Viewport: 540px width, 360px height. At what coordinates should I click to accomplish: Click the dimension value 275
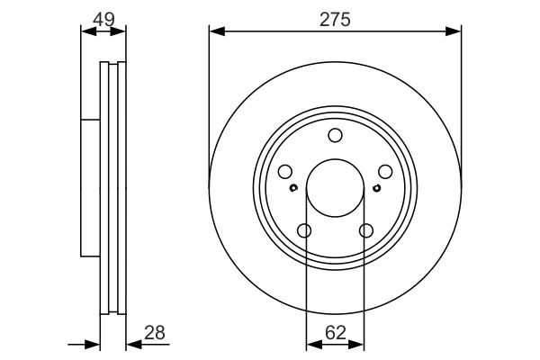pyautogui.click(x=336, y=18)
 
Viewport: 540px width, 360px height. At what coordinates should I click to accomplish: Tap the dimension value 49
pyautogui.click(x=103, y=18)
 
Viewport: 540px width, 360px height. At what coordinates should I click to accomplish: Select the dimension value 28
pyautogui.click(x=156, y=332)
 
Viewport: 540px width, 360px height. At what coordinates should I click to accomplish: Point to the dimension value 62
pyautogui.click(x=336, y=332)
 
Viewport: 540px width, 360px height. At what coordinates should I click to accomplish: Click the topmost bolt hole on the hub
pyautogui.click(x=335, y=136)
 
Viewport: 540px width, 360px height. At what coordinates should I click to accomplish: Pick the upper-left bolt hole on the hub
pyautogui.click(x=285, y=172)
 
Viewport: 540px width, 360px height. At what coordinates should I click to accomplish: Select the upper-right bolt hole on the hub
pyautogui.click(x=385, y=172)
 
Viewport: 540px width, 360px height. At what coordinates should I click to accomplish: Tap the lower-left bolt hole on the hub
pyautogui.click(x=304, y=231)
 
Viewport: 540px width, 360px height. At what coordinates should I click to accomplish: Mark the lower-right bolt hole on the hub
pyautogui.click(x=365, y=231)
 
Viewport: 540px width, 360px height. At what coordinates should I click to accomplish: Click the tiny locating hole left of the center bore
pyautogui.click(x=294, y=188)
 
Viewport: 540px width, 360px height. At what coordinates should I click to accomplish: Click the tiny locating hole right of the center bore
pyautogui.click(x=376, y=188)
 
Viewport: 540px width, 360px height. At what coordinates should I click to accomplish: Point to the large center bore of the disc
pyautogui.click(x=335, y=188)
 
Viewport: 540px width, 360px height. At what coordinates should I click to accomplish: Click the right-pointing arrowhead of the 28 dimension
pyautogui.click(x=93, y=343)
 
